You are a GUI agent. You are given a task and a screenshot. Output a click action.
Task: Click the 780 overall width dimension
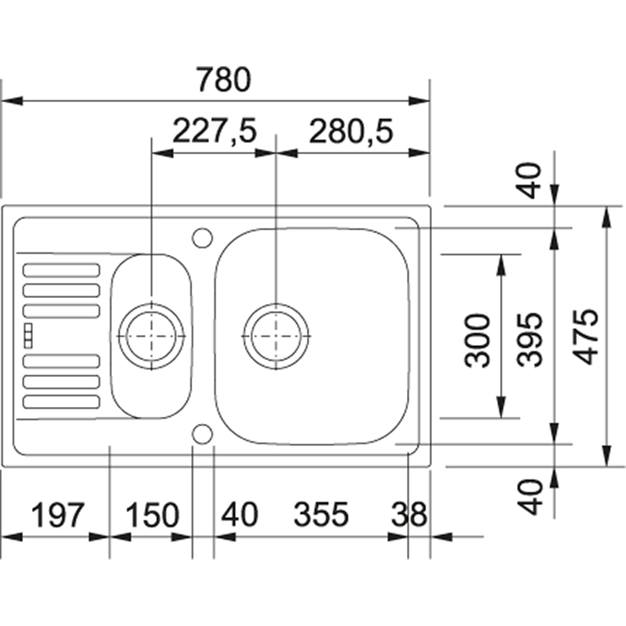(x=224, y=80)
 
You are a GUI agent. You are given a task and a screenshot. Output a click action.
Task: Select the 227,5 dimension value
(x=214, y=131)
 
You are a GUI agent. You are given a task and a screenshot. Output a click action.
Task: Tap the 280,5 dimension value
(x=351, y=131)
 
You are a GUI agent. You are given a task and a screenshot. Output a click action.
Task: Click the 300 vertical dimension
(x=478, y=340)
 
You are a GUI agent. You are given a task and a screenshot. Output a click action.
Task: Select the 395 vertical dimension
(x=530, y=339)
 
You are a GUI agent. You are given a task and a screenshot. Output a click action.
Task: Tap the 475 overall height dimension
(x=586, y=337)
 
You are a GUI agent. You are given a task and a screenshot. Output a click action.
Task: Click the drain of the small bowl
(x=151, y=336)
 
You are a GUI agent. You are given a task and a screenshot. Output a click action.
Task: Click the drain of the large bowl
(x=276, y=336)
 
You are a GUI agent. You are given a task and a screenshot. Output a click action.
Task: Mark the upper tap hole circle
(x=202, y=237)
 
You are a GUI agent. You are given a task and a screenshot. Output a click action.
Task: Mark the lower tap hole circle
(x=202, y=434)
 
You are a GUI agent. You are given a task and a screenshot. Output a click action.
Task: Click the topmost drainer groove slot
(x=61, y=270)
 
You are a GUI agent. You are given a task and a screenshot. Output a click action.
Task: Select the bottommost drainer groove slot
(x=61, y=402)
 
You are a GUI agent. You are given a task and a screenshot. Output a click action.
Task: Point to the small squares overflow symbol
(x=28, y=336)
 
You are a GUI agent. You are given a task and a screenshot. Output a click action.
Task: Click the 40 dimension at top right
(x=530, y=180)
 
